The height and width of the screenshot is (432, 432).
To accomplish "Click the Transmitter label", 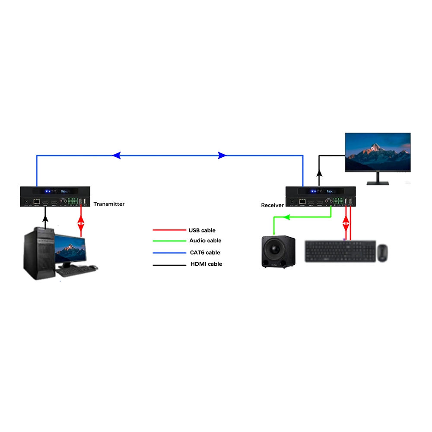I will tap(109, 204).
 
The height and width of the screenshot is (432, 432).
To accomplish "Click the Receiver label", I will tap(272, 205).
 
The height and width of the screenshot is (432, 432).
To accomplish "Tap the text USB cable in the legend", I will tap(202, 230).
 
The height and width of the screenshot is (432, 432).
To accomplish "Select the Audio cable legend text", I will tap(205, 241).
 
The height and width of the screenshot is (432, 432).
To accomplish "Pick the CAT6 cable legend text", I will tap(205, 252).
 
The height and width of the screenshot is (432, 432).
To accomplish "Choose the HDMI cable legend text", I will tap(206, 264).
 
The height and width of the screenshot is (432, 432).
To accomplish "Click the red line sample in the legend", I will tap(168, 230).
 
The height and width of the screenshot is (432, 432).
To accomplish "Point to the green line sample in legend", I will tap(168, 241).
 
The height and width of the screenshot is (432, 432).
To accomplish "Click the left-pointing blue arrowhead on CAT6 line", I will tap(116, 156).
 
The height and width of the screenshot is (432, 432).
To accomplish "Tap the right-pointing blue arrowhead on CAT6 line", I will tap(222, 156).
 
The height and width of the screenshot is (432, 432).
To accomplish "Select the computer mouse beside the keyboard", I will tap(382, 253).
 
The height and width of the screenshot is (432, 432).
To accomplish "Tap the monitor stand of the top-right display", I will tap(378, 179).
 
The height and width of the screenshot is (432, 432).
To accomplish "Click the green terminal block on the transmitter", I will tap(73, 201).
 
